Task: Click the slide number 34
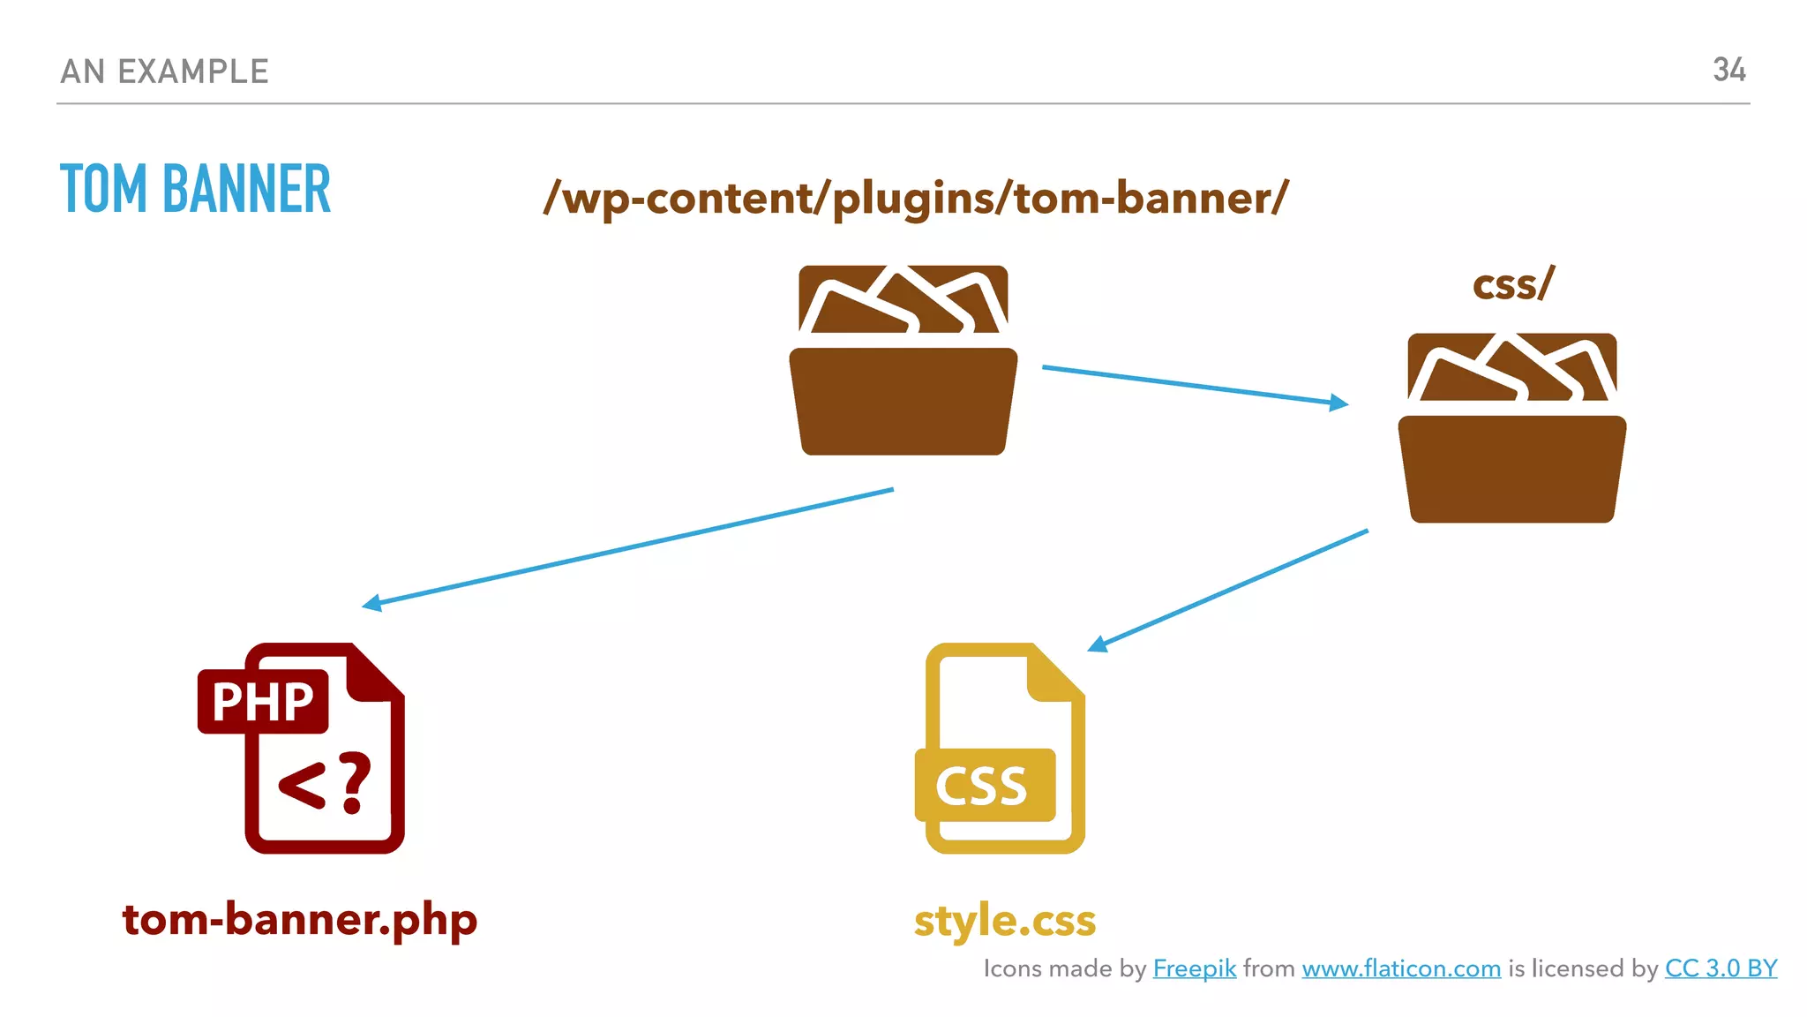tap(1728, 70)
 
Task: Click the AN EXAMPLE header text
tap(164, 72)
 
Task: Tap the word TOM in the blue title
tap(103, 189)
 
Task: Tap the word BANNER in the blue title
tap(246, 189)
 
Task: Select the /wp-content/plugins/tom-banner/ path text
tap(916, 198)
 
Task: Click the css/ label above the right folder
tap(1512, 285)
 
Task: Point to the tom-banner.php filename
tap(300, 920)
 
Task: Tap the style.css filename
tap(1005, 921)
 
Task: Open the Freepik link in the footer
tap(1194, 968)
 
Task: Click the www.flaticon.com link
tap(1401, 968)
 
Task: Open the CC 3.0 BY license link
tap(1721, 968)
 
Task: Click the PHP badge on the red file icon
tap(263, 702)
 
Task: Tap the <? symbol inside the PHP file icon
tap(325, 782)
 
